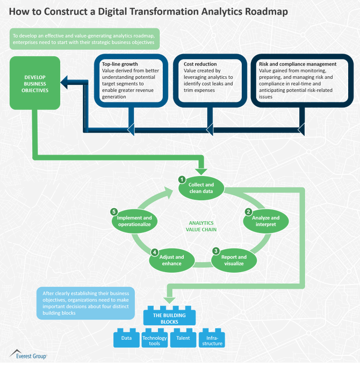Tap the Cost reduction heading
[197, 64]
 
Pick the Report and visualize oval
[234, 260]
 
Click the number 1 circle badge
[182, 179]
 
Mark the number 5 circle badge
[113, 211]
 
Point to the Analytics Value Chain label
[201, 226]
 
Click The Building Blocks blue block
[163, 317]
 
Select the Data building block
[127, 339]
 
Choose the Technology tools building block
[155, 340]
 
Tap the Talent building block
[183, 339]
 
